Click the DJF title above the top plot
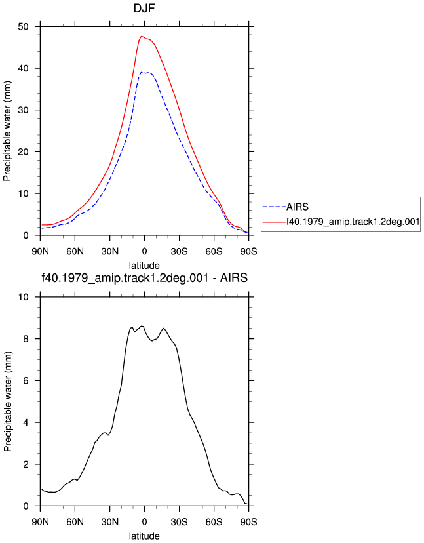coord(144,9)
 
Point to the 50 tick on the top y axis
coord(23,27)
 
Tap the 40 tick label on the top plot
coord(23,68)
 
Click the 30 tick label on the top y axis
coord(23,110)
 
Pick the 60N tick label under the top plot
coord(75,251)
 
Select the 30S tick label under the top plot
coord(180,251)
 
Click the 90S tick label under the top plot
coord(248,251)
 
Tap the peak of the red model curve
coord(141,36)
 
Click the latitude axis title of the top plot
coord(144,266)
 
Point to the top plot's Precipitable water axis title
coord(7,131)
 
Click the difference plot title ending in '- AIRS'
coord(144,278)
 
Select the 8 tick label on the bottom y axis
coord(26,339)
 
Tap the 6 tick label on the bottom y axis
coord(26,381)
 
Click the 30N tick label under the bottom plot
coord(109,522)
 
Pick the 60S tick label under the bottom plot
coord(214,522)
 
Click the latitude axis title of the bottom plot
coord(144,536)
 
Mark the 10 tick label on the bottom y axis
coord(23,297)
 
